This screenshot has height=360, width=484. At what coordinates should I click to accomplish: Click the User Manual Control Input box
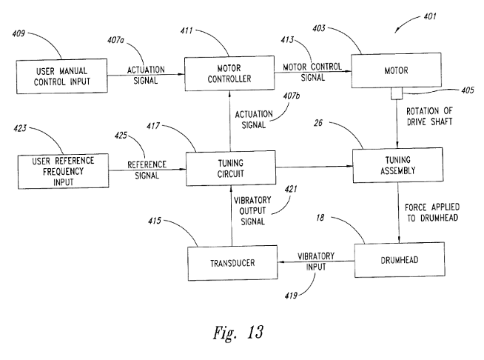pos(62,76)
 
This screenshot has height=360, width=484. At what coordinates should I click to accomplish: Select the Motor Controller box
pos(229,74)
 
